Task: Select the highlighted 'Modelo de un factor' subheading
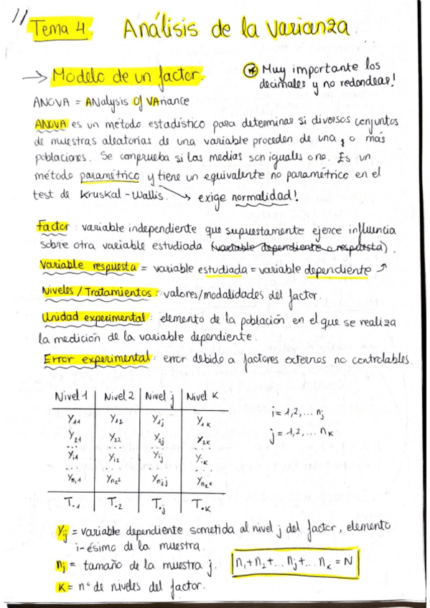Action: click(x=129, y=76)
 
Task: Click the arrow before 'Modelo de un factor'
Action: click(x=35, y=77)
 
